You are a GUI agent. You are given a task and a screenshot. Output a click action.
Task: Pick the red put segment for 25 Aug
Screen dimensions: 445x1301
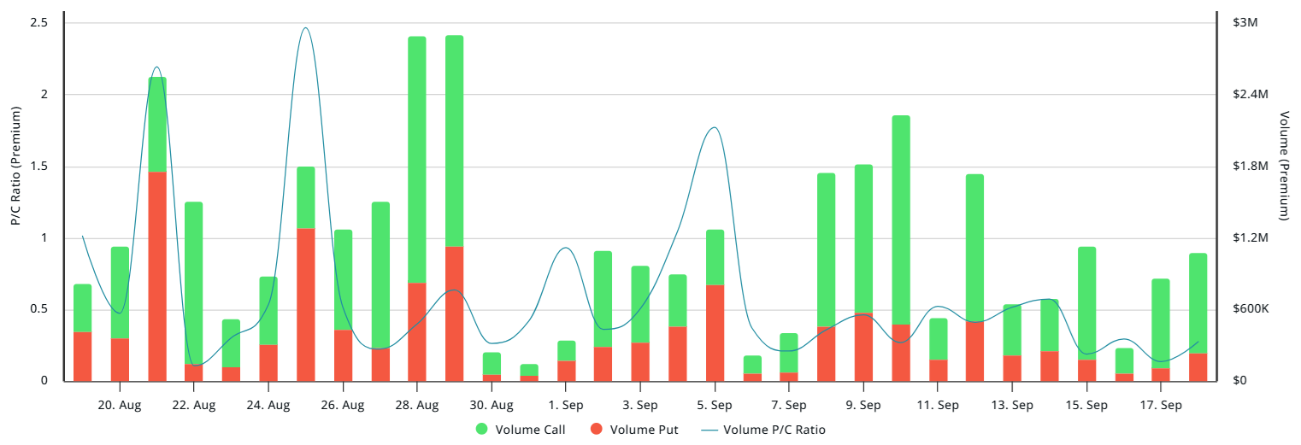click(306, 304)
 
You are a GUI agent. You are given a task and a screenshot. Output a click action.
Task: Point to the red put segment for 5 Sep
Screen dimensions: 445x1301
click(715, 332)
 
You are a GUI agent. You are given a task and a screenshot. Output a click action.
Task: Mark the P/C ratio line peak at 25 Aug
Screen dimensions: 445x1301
click(305, 28)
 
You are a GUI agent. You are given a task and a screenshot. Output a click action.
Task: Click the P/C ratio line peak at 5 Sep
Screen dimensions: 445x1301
click(714, 128)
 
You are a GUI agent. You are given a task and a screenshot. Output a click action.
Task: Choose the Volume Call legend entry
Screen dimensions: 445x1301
click(521, 430)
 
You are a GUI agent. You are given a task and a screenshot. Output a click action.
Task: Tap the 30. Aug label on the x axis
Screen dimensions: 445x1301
click(492, 405)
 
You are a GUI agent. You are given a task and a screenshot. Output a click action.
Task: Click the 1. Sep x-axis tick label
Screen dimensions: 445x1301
click(566, 405)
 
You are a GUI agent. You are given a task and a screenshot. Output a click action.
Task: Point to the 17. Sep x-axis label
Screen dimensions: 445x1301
click(1161, 405)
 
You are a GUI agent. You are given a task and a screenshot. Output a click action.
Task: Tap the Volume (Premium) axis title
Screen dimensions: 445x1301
click(1284, 167)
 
